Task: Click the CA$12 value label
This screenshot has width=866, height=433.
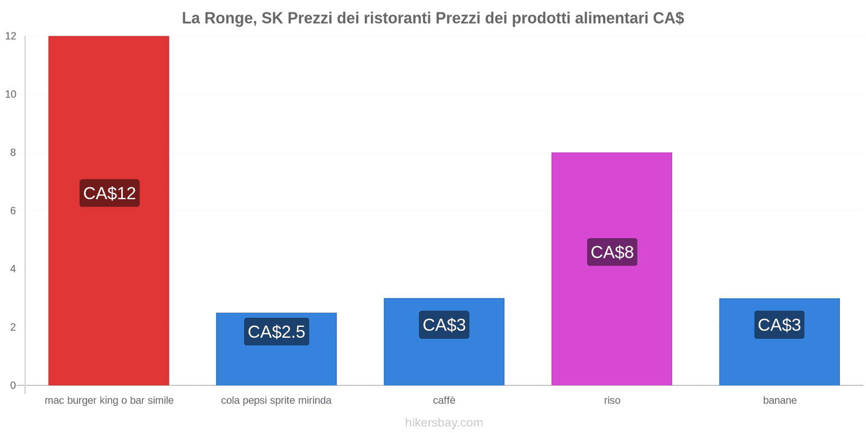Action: [109, 193]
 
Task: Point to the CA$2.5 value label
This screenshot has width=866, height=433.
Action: [277, 332]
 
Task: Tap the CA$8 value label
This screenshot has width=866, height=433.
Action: [612, 252]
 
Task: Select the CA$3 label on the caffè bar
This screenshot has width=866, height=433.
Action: [444, 325]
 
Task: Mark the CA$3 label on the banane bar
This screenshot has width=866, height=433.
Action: [779, 325]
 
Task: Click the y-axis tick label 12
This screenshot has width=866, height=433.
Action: [11, 36]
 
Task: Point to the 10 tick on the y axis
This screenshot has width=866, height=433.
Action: [11, 94]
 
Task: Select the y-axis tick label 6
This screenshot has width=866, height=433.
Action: [13, 211]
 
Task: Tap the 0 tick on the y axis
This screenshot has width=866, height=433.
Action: [13, 385]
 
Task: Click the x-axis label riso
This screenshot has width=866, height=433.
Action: [612, 401]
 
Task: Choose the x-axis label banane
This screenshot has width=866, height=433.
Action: [779, 401]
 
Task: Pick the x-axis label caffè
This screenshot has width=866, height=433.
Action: [444, 401]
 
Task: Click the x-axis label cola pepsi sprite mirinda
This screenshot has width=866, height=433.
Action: [276, 401]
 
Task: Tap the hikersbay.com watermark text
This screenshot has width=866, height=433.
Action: [444, 423]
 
